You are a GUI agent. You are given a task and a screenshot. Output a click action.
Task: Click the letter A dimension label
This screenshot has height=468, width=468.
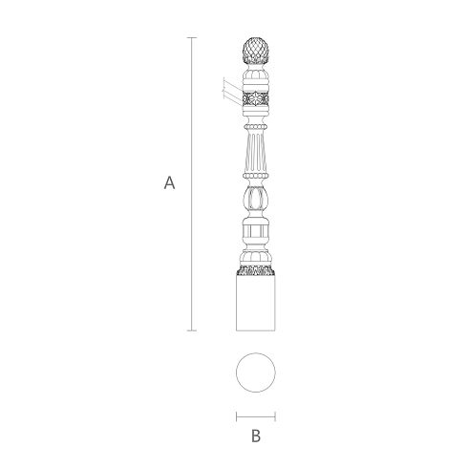tap(169, 182)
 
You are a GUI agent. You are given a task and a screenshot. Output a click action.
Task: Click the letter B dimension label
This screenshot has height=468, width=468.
tap(256, 436)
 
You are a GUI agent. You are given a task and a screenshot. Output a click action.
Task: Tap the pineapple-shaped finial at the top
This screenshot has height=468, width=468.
tap(256, 51)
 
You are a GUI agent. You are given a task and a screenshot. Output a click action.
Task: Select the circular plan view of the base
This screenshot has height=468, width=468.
tap(256, 372)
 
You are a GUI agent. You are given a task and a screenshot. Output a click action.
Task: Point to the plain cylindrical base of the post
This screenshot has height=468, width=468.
tap(256, 303)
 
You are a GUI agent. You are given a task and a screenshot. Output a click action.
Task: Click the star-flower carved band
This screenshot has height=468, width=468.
tap(256, 98)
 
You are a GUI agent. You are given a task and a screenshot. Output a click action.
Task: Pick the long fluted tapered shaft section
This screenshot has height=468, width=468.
tap(256, 152)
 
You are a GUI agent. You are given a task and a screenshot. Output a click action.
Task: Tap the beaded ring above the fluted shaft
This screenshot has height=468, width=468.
tap(255, 127)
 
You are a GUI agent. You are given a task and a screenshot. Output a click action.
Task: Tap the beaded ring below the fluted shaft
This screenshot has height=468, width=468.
tap(256, 176)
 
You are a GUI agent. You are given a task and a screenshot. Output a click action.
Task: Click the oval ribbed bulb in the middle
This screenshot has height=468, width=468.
tap(256, 198)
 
